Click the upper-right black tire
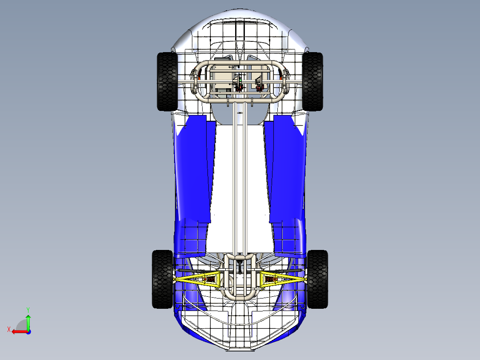313,82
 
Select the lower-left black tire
162,279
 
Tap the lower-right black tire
317,279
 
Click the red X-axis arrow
19,331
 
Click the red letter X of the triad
9,329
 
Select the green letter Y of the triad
28,309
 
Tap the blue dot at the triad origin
28,331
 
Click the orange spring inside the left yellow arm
210,280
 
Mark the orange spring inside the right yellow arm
270,280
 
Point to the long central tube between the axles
240,178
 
